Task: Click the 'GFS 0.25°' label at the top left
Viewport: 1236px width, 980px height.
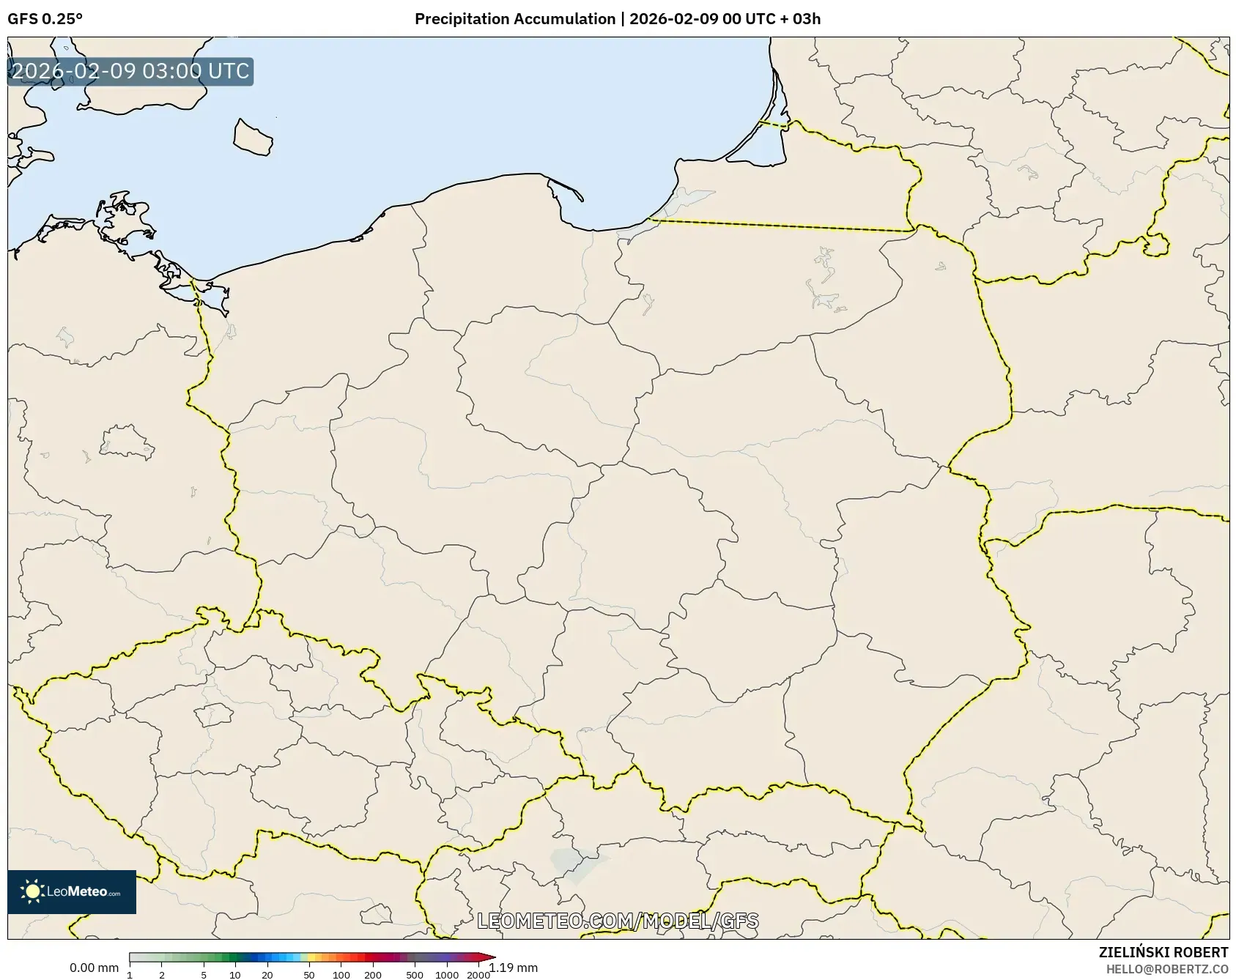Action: pyautogui.click(x=45, y=19)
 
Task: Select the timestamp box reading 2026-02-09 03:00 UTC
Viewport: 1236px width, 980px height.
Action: pyautogui.click(x=130, y=72)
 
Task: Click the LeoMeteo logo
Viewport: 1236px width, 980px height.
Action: pyautogui.click(x=72, y=891)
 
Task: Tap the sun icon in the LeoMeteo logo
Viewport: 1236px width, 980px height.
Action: pyautogui.click(x=32, y=891)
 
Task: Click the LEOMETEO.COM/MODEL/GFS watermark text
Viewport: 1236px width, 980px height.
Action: pyautogui.click(x=618, y=921)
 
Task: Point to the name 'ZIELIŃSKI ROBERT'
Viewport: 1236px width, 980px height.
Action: pyautogui.click(x=1163, y=952)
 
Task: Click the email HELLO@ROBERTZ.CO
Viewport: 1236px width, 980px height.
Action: pyautogui.click(x=1167, y=969)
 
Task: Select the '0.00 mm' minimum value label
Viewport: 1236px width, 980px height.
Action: pyautogui.click(x=94, y=968)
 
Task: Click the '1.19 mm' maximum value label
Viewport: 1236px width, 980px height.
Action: pyautogui.click(x=514, y=968)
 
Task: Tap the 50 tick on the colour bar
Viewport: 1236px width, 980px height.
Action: pyautogui.click(x=309, y=975)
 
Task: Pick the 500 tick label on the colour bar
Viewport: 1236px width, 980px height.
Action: pyautogui.click(x=415, y=975)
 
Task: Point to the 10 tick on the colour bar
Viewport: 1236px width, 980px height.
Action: pyautogui.click(x=234, y=975)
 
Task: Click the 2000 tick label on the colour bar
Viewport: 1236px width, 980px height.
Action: pyautogui.click(x=478, y=975)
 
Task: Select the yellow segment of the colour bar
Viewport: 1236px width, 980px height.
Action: pyautogui.click(x=311, y=957)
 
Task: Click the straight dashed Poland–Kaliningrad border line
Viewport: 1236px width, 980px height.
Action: pyautogui.click(x=780, y=225)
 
